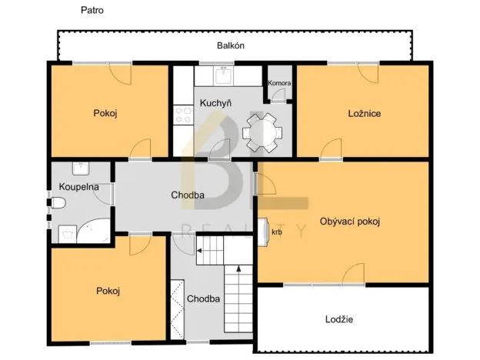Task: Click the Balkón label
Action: (x=231, y=45)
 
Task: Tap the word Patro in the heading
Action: (x=92, y=10)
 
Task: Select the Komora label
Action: (x=279, y=83)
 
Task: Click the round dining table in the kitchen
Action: (x=262, y=133)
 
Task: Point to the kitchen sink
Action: (x=224, y=75)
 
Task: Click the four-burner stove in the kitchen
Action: (x=183, y=115)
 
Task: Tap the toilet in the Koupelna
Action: (x=58, y=202)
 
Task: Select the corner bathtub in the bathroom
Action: (x=93, y=231)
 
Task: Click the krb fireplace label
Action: (x=277, y=232)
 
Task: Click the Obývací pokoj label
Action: (x=350, y=222)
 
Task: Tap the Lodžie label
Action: (x=339, y=319)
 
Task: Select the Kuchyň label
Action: (x=215, y=103)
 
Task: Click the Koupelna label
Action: (x=78, y=187)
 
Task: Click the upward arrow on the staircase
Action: (x=238, y=268)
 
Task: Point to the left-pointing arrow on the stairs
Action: (x=199, y=251)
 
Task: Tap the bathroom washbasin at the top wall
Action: (x=81, y=168)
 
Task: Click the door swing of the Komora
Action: (x=279, y=95)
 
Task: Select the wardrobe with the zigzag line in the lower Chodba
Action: (x=177, y=309)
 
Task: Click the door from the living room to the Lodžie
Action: (x=354, y=274)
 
